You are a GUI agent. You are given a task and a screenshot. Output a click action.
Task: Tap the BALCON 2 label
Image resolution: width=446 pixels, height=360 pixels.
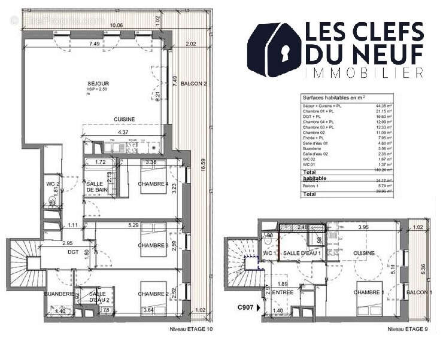[193, 83]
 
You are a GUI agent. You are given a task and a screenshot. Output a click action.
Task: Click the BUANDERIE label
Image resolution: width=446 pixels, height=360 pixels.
[59, 294]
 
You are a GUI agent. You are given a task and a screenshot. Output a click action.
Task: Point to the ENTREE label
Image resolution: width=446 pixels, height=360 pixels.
[283, 292]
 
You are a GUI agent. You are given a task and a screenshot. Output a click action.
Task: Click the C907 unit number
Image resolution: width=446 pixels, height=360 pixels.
[246, 308]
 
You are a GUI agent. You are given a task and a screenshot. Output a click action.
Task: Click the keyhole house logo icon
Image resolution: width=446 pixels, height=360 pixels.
[276, 51]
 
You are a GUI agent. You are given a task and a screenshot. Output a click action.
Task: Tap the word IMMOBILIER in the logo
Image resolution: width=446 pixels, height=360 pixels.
[364, 72]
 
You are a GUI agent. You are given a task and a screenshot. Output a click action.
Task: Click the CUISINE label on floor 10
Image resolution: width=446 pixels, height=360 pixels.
[124, 119]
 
